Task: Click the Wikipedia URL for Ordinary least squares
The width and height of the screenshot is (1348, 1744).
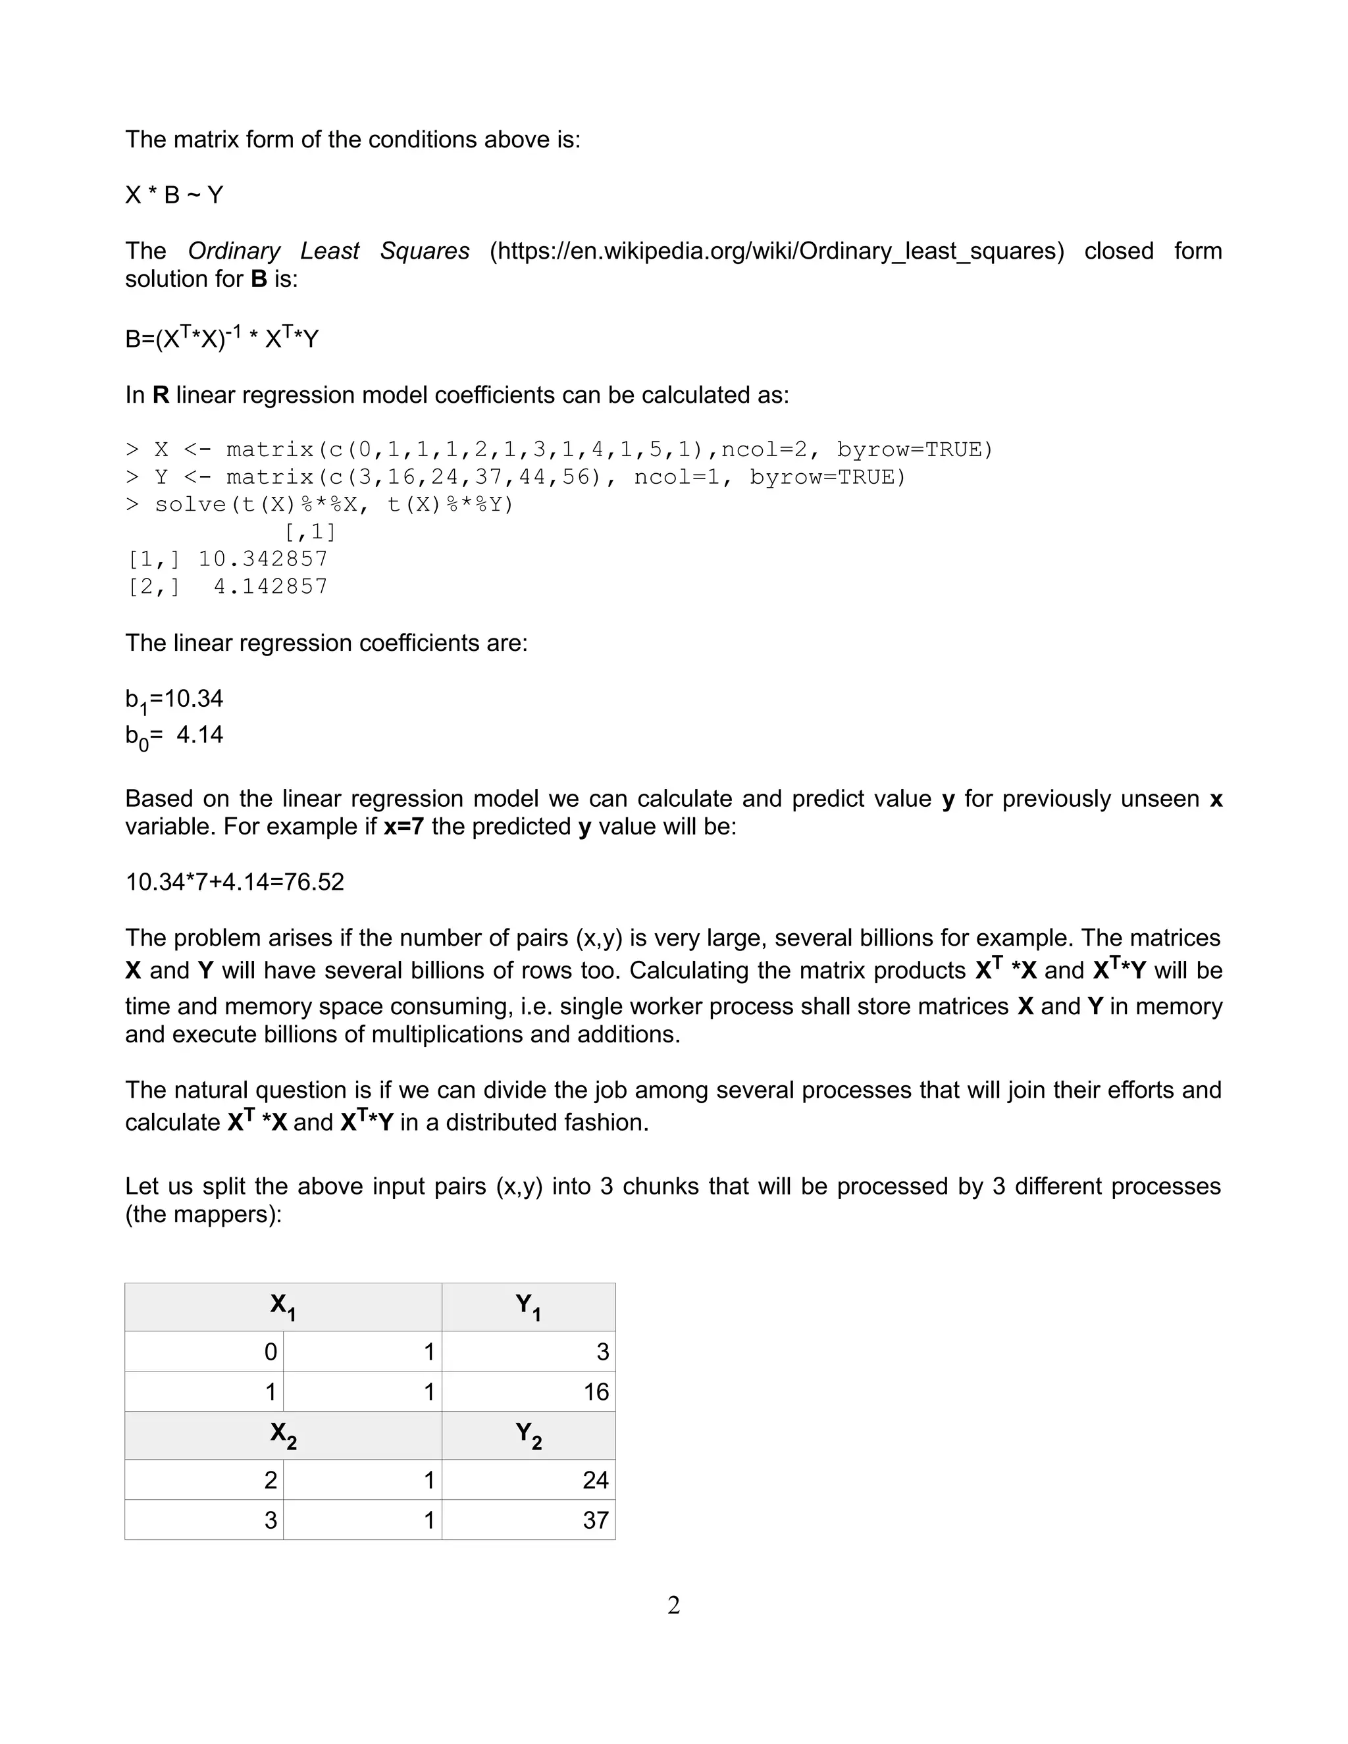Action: click(776, 251)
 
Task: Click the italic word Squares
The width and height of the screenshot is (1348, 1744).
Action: click(425, 251)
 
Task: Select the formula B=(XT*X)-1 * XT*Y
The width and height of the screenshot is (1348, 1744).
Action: click(221, 338)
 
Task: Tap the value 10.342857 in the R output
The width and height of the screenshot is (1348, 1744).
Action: click(263, 559)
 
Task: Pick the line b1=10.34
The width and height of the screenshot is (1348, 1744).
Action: click(174, 700)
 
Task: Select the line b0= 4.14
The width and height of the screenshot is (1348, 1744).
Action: click(174, 736)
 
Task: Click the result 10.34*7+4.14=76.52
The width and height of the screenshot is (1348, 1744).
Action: click(235, 883)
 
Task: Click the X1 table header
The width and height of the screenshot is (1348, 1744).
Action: click(282, 1307)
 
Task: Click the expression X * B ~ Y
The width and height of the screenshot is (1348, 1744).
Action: click(174, 195)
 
